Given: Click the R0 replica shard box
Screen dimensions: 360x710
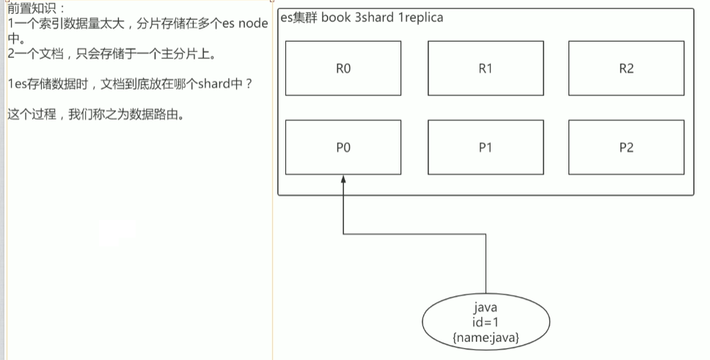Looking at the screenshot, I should (x=343, y=68).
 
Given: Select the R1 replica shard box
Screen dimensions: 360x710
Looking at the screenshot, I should (x=485, y=68).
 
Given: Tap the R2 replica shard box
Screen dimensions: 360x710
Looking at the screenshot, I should (x=626, y=68).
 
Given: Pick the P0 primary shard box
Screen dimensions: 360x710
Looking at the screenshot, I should (x=343, y=147).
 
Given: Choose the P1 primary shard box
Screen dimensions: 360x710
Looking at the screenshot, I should (x=485, y=147).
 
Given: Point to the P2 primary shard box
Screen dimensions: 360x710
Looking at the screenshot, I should (x=626, y=147).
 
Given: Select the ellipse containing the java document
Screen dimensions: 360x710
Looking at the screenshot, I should (x=486, y=323).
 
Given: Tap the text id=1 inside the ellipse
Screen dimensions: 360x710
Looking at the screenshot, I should (x=486, y=323).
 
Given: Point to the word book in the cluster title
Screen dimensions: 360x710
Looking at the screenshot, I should (x=337, y=17).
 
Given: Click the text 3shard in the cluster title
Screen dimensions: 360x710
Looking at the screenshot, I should (x=376, y=17).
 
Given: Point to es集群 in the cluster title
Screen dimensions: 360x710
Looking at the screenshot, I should (x=299, y=17).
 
